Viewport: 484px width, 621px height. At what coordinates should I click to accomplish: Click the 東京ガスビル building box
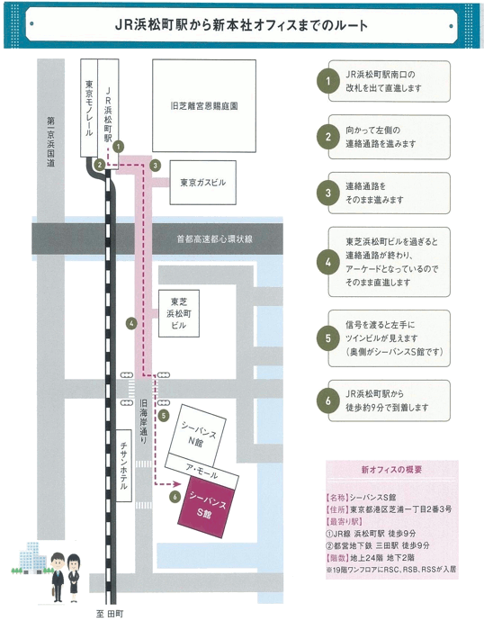(x=203, y=182)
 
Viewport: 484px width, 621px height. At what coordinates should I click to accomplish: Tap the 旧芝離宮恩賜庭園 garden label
(x=204, y=106)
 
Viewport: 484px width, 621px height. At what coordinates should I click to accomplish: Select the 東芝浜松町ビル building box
(x=179, y=313)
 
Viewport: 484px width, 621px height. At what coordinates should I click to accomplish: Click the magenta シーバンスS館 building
(x=206, y=507)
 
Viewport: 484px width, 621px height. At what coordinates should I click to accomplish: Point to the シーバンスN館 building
(x=198, y=435)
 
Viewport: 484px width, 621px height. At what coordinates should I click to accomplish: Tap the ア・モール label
(x=202, y=471)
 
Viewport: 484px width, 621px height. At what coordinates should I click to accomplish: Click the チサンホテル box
(x=124, y=466)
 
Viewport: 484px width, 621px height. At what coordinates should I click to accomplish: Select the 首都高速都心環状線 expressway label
(x=214, y=238)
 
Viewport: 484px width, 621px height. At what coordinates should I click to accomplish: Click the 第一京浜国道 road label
(x=50, y=141)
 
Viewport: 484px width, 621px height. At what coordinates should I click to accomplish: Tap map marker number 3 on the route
(x=155, y=166)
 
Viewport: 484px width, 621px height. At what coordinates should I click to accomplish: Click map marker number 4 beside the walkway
(x=131, y=323)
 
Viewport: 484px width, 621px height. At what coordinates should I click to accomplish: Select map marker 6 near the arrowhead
(x=175, y=497)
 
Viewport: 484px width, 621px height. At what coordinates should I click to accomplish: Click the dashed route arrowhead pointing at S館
(x=177, y=484)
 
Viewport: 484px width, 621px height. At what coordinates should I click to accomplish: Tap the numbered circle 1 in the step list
(x=327, y=81)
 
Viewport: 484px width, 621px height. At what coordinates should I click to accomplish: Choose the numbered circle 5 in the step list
(x=327, y=338)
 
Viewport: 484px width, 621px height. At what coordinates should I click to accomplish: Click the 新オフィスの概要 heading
(x=392, y=470)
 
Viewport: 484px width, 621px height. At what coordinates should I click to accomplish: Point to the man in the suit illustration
(x=58, y=577)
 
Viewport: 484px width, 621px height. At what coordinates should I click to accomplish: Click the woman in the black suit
(x=74, y=578)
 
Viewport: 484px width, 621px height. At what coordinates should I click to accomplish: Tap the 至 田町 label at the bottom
(x=110, y=614)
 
